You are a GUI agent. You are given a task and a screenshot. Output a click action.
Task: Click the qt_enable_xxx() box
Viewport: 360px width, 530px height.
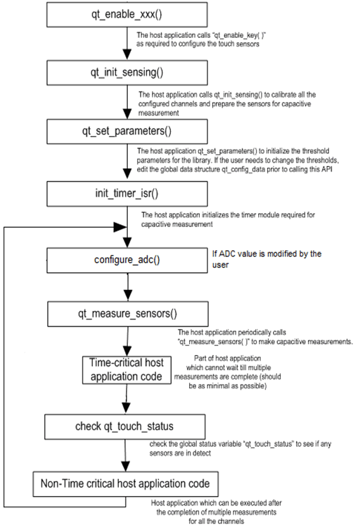click(127, 15)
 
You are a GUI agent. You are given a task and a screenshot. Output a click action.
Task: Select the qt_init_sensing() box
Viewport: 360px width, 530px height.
click(127, 72)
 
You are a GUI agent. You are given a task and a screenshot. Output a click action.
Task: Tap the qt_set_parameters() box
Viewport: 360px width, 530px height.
click(127, 131)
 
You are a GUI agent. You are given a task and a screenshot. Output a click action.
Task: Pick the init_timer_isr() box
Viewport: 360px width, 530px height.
click(127, 194)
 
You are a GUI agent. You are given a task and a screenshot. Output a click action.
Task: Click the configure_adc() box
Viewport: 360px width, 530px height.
click(127, 260)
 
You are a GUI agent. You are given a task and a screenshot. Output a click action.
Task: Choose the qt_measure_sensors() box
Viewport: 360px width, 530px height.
click(128, 314)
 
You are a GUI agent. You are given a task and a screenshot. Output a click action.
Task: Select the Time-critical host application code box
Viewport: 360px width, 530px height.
click(127, 370)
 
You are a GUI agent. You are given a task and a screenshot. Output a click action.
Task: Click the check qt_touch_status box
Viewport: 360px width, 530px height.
click(125, 426)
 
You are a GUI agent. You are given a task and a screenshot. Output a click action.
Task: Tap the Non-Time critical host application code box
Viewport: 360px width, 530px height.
click(126, 484)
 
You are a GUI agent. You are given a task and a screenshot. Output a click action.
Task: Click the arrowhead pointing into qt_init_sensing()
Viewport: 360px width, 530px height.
click(127, 55)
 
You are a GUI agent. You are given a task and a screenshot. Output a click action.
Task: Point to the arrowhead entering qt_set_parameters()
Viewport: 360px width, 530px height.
click(127, 114)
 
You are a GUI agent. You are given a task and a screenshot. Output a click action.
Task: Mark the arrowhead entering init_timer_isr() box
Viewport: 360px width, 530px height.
click(127, 174)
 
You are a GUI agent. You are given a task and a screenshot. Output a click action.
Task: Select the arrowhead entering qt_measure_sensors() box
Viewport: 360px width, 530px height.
click(128, 296)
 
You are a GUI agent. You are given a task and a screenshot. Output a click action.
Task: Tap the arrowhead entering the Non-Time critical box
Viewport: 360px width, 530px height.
click(126, 466)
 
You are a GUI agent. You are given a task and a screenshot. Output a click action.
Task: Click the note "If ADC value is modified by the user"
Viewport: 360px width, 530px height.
click(267, 259)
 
